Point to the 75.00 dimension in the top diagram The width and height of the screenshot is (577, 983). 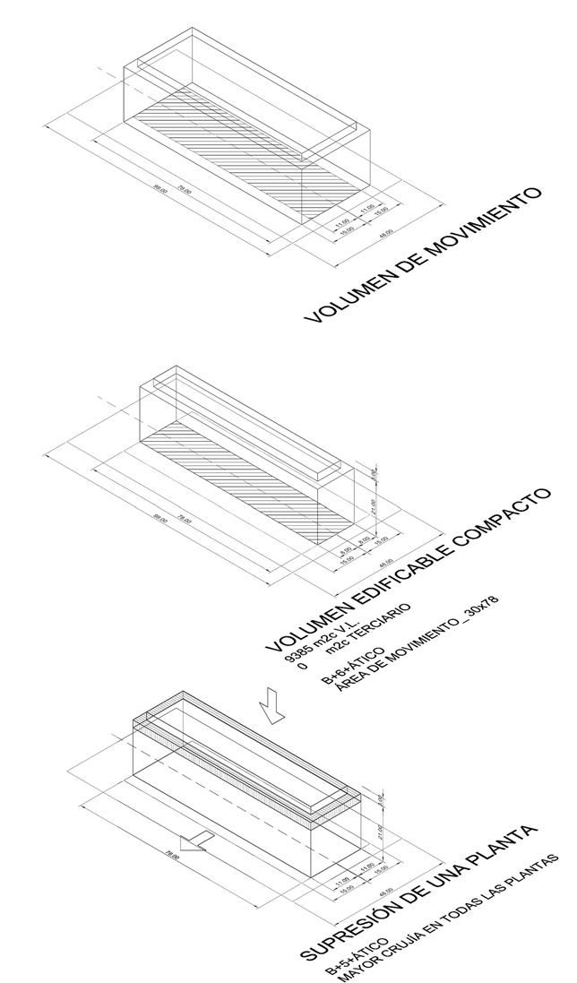coord(185,191)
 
